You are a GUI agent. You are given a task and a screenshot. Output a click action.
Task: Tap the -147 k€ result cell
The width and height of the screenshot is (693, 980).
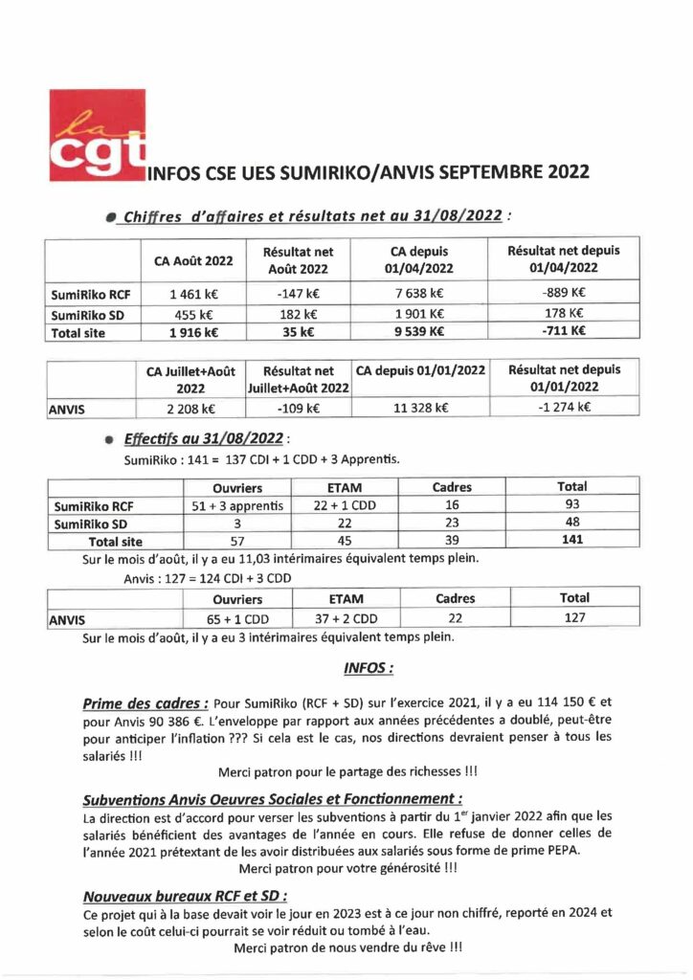pos(299,295)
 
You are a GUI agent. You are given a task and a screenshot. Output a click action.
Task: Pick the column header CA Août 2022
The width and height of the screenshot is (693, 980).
pos(192,260)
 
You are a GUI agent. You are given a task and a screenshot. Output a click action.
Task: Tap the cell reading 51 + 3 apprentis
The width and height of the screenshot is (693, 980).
pos(237,505)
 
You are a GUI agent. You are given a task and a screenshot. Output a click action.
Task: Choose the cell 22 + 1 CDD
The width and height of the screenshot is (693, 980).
pos(344,505)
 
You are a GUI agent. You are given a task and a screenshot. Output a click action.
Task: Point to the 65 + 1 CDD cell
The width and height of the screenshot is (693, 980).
pos(237,618)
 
